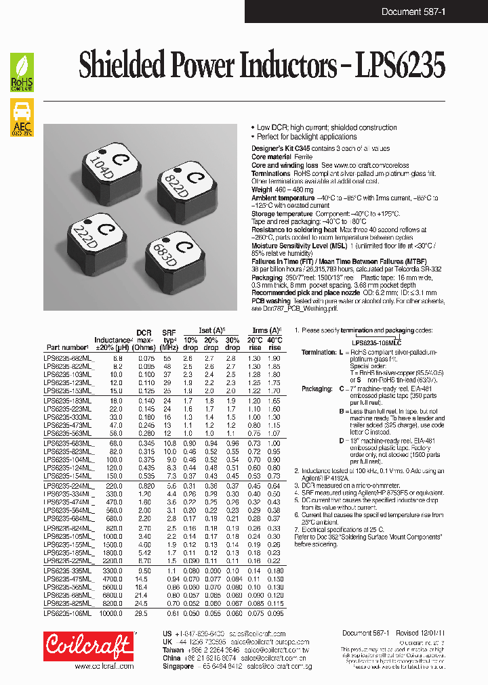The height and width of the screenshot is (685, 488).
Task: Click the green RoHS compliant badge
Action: coord(22,72)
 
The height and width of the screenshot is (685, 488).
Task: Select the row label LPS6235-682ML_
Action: coord(70,357)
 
